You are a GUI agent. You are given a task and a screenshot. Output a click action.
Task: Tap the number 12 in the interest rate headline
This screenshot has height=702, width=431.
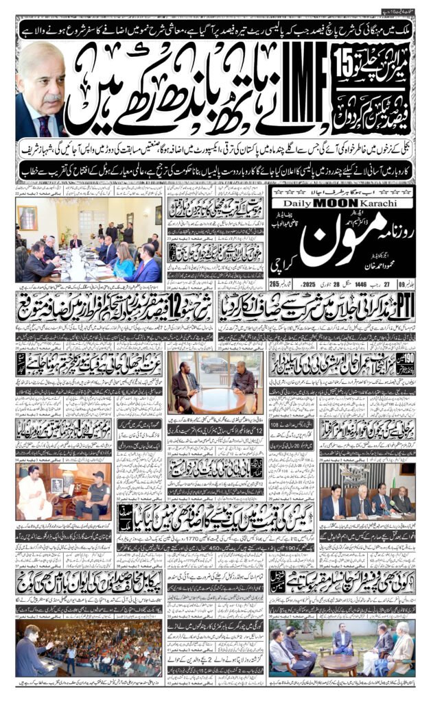[165, 301]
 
